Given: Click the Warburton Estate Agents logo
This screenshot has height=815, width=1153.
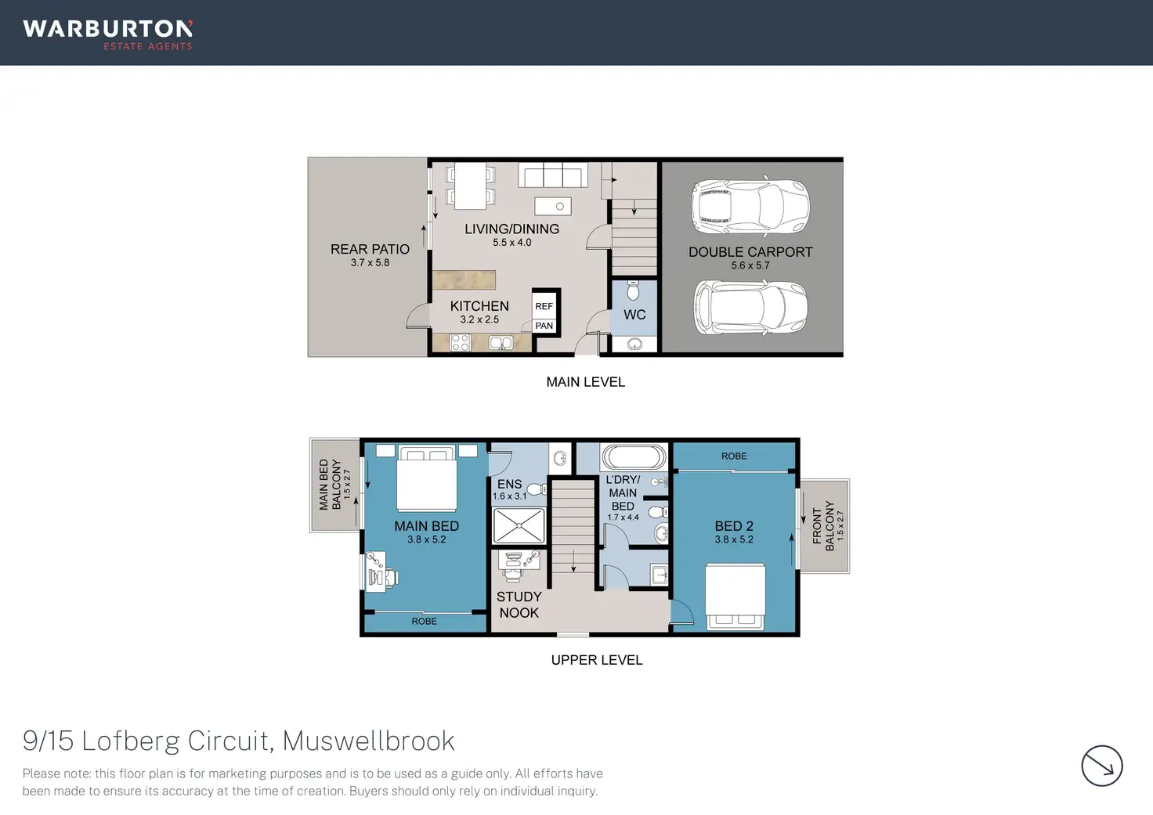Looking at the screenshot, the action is tap(108, 34).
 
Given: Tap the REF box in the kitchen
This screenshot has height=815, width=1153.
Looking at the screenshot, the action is tap(544, 306).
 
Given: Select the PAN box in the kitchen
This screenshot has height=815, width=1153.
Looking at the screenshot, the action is tap(544, 326).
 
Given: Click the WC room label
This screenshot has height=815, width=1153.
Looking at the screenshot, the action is tap(634, 315).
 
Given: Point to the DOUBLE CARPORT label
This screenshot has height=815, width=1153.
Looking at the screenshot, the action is tap(750, 252).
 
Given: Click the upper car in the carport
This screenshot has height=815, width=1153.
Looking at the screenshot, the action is tap(750, 208).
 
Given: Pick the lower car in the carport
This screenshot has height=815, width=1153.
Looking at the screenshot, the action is tap(750, 308).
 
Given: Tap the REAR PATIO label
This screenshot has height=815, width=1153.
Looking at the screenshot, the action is tap(370, 249).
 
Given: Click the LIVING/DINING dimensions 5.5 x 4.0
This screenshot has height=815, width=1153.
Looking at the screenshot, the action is tap(511, 243).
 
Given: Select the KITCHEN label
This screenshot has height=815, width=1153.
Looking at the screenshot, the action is tap(479, 306).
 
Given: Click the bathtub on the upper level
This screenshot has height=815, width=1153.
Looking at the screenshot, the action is tap(634, 457).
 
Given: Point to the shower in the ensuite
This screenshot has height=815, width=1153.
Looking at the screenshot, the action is tap(519, 525).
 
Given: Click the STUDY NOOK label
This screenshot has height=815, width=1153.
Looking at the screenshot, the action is tap(519, 604).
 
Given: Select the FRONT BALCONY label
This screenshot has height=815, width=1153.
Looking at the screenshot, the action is tap(822, 526).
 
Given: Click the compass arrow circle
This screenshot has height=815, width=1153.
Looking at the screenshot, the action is tap(1101, 765).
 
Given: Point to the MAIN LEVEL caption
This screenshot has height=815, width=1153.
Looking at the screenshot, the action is tap(585, 382).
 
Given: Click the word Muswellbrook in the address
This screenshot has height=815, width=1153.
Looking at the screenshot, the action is tap(368, 741).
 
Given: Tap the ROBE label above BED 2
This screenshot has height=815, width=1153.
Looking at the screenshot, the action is tap(734, 456).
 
